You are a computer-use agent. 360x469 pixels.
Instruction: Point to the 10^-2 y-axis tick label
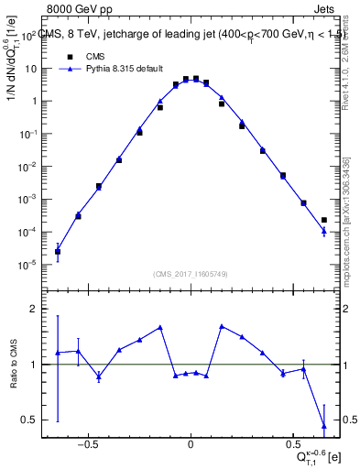click(x=27, y=167)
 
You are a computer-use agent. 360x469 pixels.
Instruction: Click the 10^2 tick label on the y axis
click(x=28, y=37)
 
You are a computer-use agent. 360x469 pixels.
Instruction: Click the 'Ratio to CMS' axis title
click(x=14, y=365)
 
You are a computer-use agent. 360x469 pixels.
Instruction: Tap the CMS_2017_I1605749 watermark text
click(x=190, y=274)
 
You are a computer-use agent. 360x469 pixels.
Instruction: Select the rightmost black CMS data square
click(x=324, y=220)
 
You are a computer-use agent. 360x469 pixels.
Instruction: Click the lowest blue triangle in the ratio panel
click(x=324, y=425)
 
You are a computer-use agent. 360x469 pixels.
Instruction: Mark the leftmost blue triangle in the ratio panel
click(x=58, y=353)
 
